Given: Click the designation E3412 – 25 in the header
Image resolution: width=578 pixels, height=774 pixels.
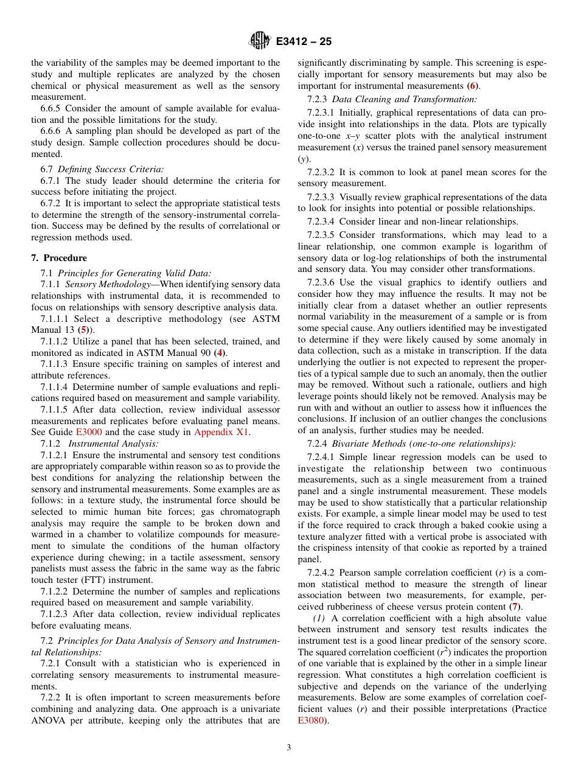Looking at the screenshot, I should coord(304,42).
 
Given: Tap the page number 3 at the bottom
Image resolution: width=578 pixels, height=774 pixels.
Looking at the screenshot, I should coord(289,747).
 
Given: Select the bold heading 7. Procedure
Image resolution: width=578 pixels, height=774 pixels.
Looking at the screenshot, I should coord(59,258).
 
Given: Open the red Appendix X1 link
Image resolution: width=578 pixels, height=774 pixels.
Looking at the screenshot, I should coord(221,432).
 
